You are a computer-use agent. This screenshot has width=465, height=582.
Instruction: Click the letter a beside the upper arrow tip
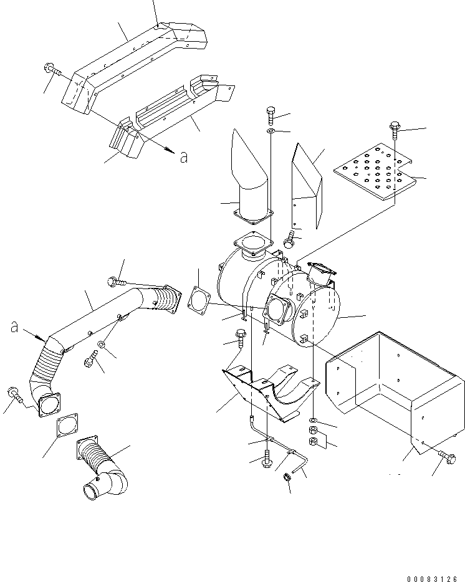[x=183, y=158]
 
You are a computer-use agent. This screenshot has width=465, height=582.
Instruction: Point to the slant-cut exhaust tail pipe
[x=250, y=178]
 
